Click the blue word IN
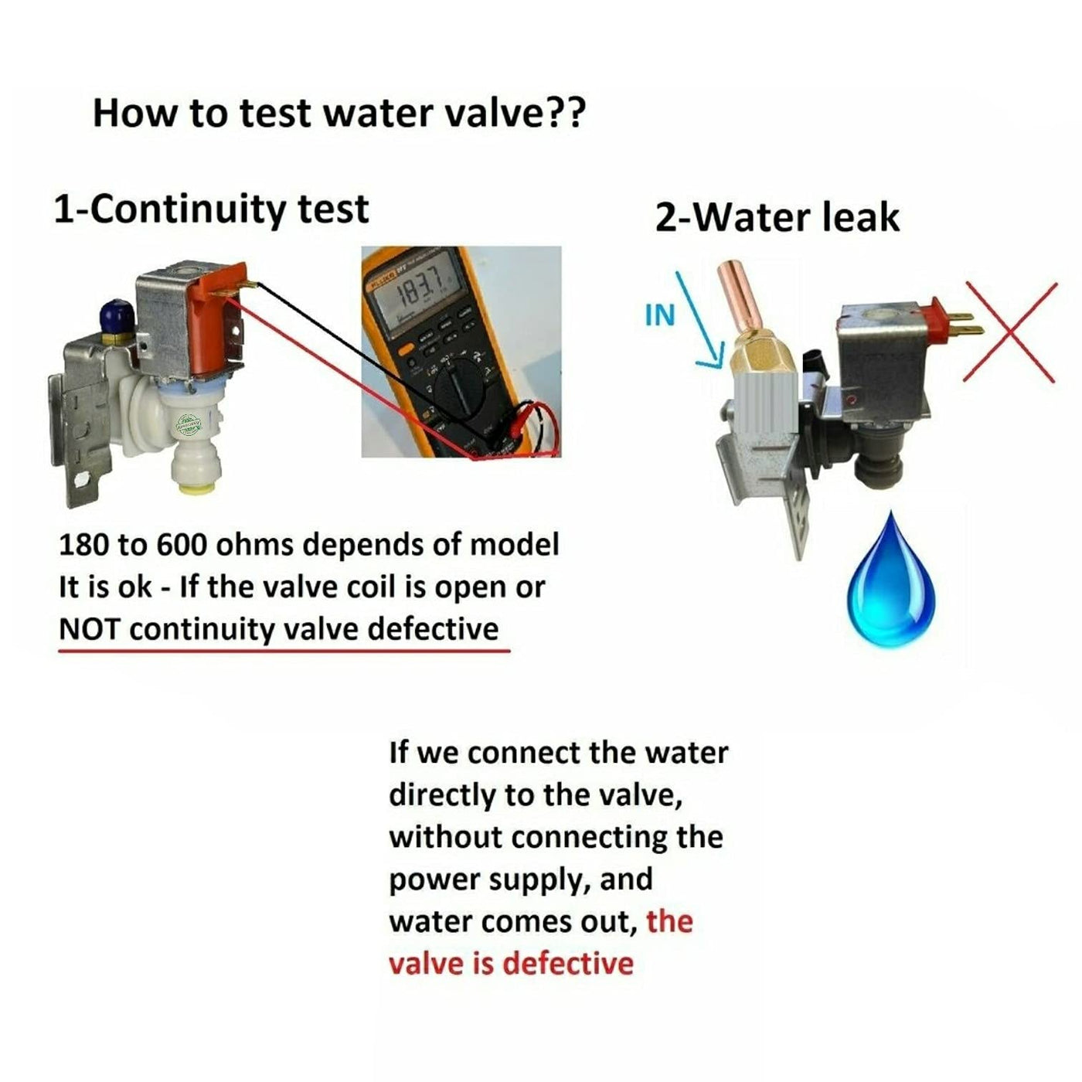click(659, 315)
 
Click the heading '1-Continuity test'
click(211, 209)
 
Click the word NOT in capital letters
click(89, 629)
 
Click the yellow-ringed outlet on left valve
click(193, 471)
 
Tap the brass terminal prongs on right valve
click(964, 323)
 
